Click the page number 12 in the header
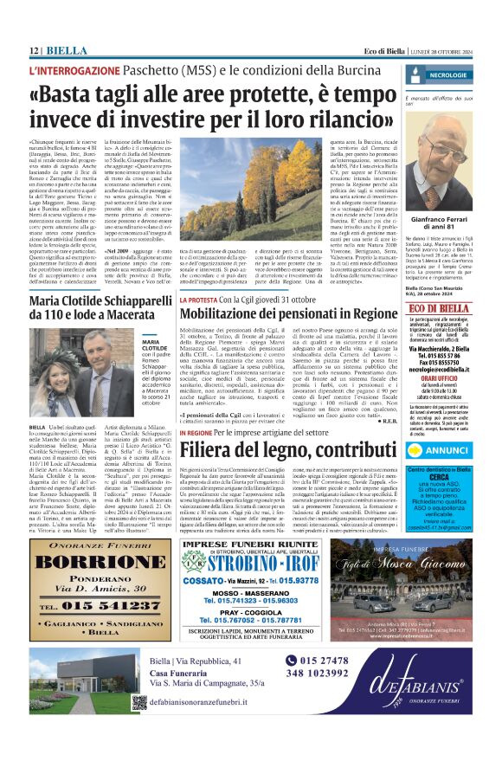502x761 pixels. [35, 51]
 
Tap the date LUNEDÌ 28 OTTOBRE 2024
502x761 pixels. [439, 52]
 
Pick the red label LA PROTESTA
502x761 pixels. [199, 299]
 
